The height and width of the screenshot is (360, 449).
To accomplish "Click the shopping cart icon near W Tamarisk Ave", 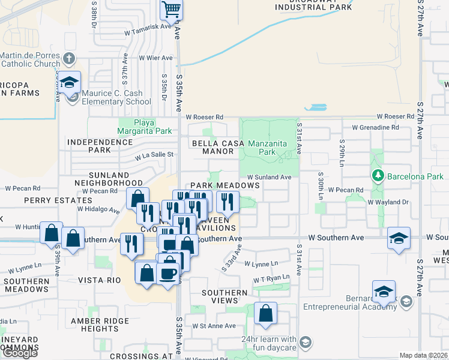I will click(x=171, y=9).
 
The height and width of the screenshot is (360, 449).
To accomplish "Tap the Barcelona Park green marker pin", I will click(x=378, y=176).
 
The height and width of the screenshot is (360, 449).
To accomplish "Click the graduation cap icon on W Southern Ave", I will click(x=399, y=238).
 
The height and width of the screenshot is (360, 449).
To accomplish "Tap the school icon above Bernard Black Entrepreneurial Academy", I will click(x=383, y=292).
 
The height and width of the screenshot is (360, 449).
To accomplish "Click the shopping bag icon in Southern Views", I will click(x=265, y=313).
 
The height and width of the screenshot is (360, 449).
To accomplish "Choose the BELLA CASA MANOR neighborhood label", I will click(x=213, y=147).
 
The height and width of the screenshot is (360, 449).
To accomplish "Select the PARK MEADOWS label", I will click(x=225, y=186).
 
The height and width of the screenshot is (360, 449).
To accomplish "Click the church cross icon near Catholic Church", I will click(x=70, y=59).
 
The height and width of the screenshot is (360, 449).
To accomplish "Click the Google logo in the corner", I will click(x=19, y=353).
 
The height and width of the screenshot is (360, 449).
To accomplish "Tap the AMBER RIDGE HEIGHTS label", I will click(x=100, y=325).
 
